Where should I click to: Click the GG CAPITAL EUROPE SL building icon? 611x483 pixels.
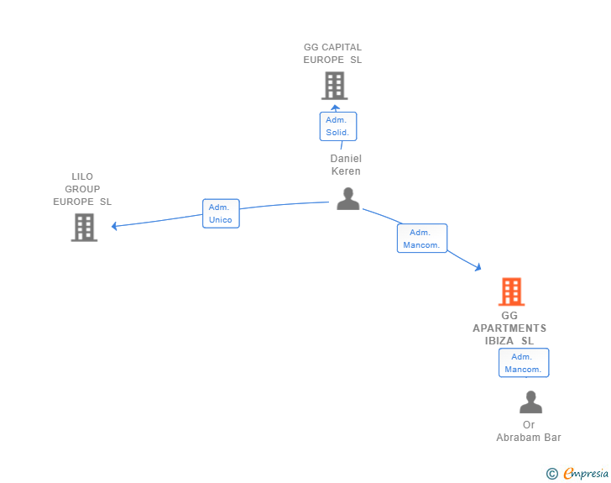click(x=335, y=86)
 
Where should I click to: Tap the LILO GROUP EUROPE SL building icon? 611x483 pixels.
click(x=84, y=228)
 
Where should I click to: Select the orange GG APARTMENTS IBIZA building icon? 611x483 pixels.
click(x=512, y=291)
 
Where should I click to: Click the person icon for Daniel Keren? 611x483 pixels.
click(x=348, y=199)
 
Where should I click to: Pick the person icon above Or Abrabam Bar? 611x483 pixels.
click(x=530, y=402)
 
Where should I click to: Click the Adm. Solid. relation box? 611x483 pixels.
click(x=338, y=126)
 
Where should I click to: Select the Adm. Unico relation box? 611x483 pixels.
click(x=221, y=213)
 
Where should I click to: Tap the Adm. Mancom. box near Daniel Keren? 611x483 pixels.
click(x=422, y=239)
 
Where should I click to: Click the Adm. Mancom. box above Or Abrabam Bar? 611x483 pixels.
click(x=524, y=363)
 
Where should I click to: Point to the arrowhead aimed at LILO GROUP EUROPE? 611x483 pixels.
click(x=114, y=226)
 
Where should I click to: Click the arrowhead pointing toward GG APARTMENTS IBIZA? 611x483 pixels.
click(x=478, y=267)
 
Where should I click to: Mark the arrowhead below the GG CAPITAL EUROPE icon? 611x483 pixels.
click(x=335, y=108)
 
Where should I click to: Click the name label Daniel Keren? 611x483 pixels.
click(x=346, y=165)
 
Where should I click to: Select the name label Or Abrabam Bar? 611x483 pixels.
click(x=529, y=431)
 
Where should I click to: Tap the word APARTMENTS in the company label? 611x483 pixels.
click(x=509, y=328)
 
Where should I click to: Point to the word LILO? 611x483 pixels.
click(x=82, y=176)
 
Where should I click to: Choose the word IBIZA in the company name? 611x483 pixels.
click(x=499, y=340)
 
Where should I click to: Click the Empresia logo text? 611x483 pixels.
click(x=586, y=473)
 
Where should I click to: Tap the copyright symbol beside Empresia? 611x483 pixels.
click(x=552, y=474)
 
